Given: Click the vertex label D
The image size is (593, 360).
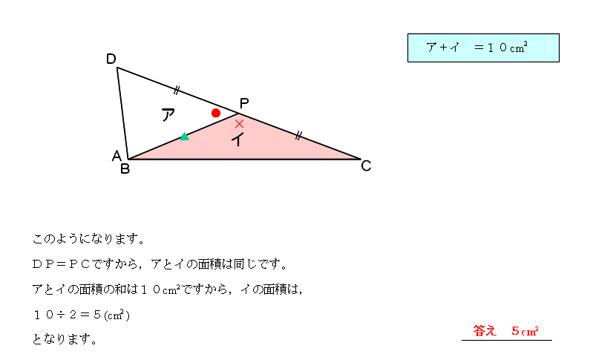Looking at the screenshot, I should coord(111,59).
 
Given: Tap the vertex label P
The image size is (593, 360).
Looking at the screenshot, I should coord(244,103).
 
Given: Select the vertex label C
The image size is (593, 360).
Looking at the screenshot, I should coord(366,166).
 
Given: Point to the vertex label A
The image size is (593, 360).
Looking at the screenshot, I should coord(116,156).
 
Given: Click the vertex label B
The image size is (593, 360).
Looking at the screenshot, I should coord(125,168).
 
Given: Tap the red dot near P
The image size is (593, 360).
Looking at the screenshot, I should coord(216,113).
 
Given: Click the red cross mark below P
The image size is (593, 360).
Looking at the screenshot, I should coord(239,123).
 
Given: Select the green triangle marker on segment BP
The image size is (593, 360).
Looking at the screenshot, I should coord(184,137).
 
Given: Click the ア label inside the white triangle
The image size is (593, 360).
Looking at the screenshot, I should coord(168,115).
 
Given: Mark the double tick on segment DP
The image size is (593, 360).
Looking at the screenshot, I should coord(177,91).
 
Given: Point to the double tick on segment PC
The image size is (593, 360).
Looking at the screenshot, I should coord(298,135).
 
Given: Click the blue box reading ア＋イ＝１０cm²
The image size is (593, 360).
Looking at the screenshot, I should coord(482,48).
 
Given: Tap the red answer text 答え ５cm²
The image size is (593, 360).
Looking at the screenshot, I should coord(505,331).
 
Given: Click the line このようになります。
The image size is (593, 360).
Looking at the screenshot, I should coord(88,239).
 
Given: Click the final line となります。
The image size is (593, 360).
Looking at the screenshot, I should coord(65,339).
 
